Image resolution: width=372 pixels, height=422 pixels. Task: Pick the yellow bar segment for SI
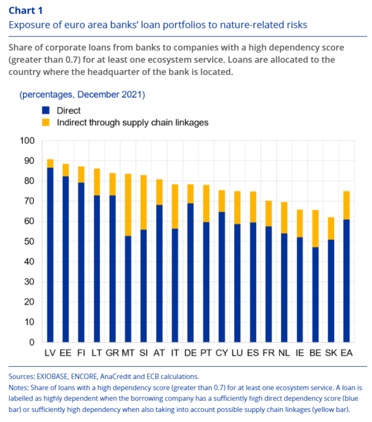(x=144, y=202)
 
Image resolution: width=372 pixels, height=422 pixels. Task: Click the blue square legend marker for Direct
(x=45, y=110)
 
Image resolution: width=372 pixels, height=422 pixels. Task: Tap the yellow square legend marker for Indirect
(x=45, y=123)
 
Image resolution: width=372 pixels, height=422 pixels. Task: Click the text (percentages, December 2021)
(x=82, y=95)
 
